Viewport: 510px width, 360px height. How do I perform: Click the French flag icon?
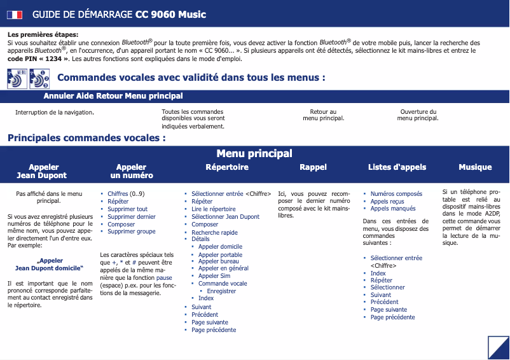tap(15, 15)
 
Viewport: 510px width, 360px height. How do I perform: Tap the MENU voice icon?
tap(18, 78)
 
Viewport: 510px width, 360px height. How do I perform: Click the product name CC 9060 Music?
tap(170, 15)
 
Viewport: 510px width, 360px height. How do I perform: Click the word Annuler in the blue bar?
tap(59, 96)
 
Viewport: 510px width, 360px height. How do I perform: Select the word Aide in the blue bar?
tap(86, 96)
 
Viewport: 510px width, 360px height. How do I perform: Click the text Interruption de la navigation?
tap(55, 113)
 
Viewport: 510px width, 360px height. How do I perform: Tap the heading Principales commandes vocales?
tap(86, 137)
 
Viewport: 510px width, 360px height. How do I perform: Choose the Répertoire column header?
tap(227, 167)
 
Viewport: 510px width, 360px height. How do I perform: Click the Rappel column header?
tap(313, 167)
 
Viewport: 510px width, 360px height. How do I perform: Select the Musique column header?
tap(475, 167)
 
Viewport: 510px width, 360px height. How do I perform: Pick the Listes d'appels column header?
tap(397, 167)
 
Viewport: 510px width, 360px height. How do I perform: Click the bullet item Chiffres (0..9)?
tap(126, 194)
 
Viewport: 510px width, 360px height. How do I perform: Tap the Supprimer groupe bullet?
tap(131, 232)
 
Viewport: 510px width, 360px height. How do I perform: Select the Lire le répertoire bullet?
tap(214, 209)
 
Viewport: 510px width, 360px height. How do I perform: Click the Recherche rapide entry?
tap(214, 233)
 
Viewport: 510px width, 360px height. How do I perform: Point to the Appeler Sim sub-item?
tap(214, 276)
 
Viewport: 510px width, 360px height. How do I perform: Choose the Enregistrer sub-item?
tap(221, 291)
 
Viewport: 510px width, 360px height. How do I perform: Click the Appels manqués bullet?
tap(393, 209)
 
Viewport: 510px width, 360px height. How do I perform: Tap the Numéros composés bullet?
tap(396, 194)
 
